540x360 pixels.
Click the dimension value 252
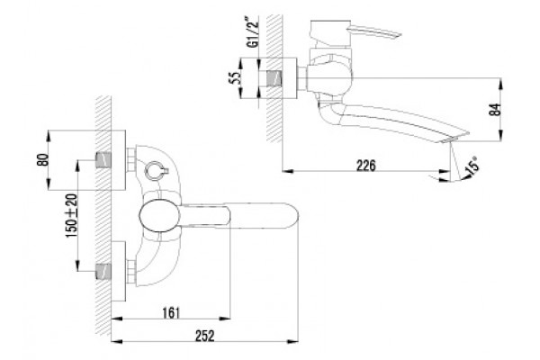click(205, 336)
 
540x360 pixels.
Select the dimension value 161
click(171, 313)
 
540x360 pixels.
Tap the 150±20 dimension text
click(72, 216)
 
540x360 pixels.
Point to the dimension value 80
click(43, 159)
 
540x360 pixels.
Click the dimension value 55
click(234, 78)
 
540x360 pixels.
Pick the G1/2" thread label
click(254, 31)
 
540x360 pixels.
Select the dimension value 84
click(495, 110)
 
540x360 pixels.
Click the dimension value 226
click(365, 166)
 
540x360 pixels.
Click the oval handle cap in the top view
click(159, 216)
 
